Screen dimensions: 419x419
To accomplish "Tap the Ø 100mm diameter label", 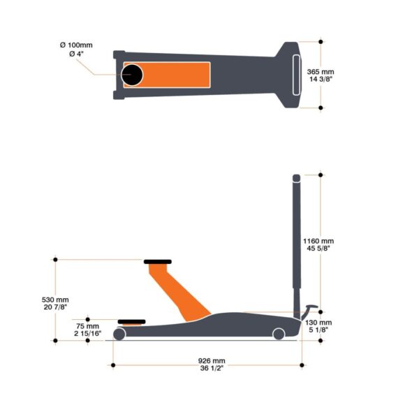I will (76, 45).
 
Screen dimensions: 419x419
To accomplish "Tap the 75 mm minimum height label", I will (88, 326).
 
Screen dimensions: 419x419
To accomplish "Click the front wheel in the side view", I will (119, 335).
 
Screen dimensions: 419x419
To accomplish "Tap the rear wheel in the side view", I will (279, 335).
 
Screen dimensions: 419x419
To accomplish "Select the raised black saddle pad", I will (158, 262).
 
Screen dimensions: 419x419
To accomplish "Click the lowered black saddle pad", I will (131, 322).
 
